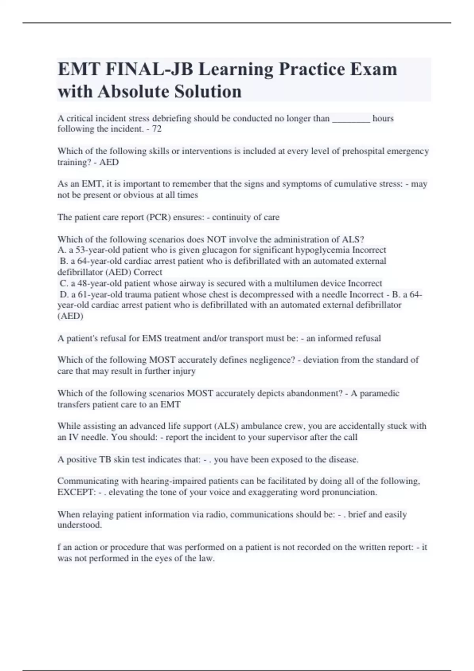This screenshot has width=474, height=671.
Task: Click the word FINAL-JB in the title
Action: [x=149, y=69]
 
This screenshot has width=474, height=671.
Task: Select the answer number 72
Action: [x=157, y=129]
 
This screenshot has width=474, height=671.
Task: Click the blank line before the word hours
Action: [x=351, y=118]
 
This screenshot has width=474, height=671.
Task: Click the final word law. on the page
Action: [x=205, y=558]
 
